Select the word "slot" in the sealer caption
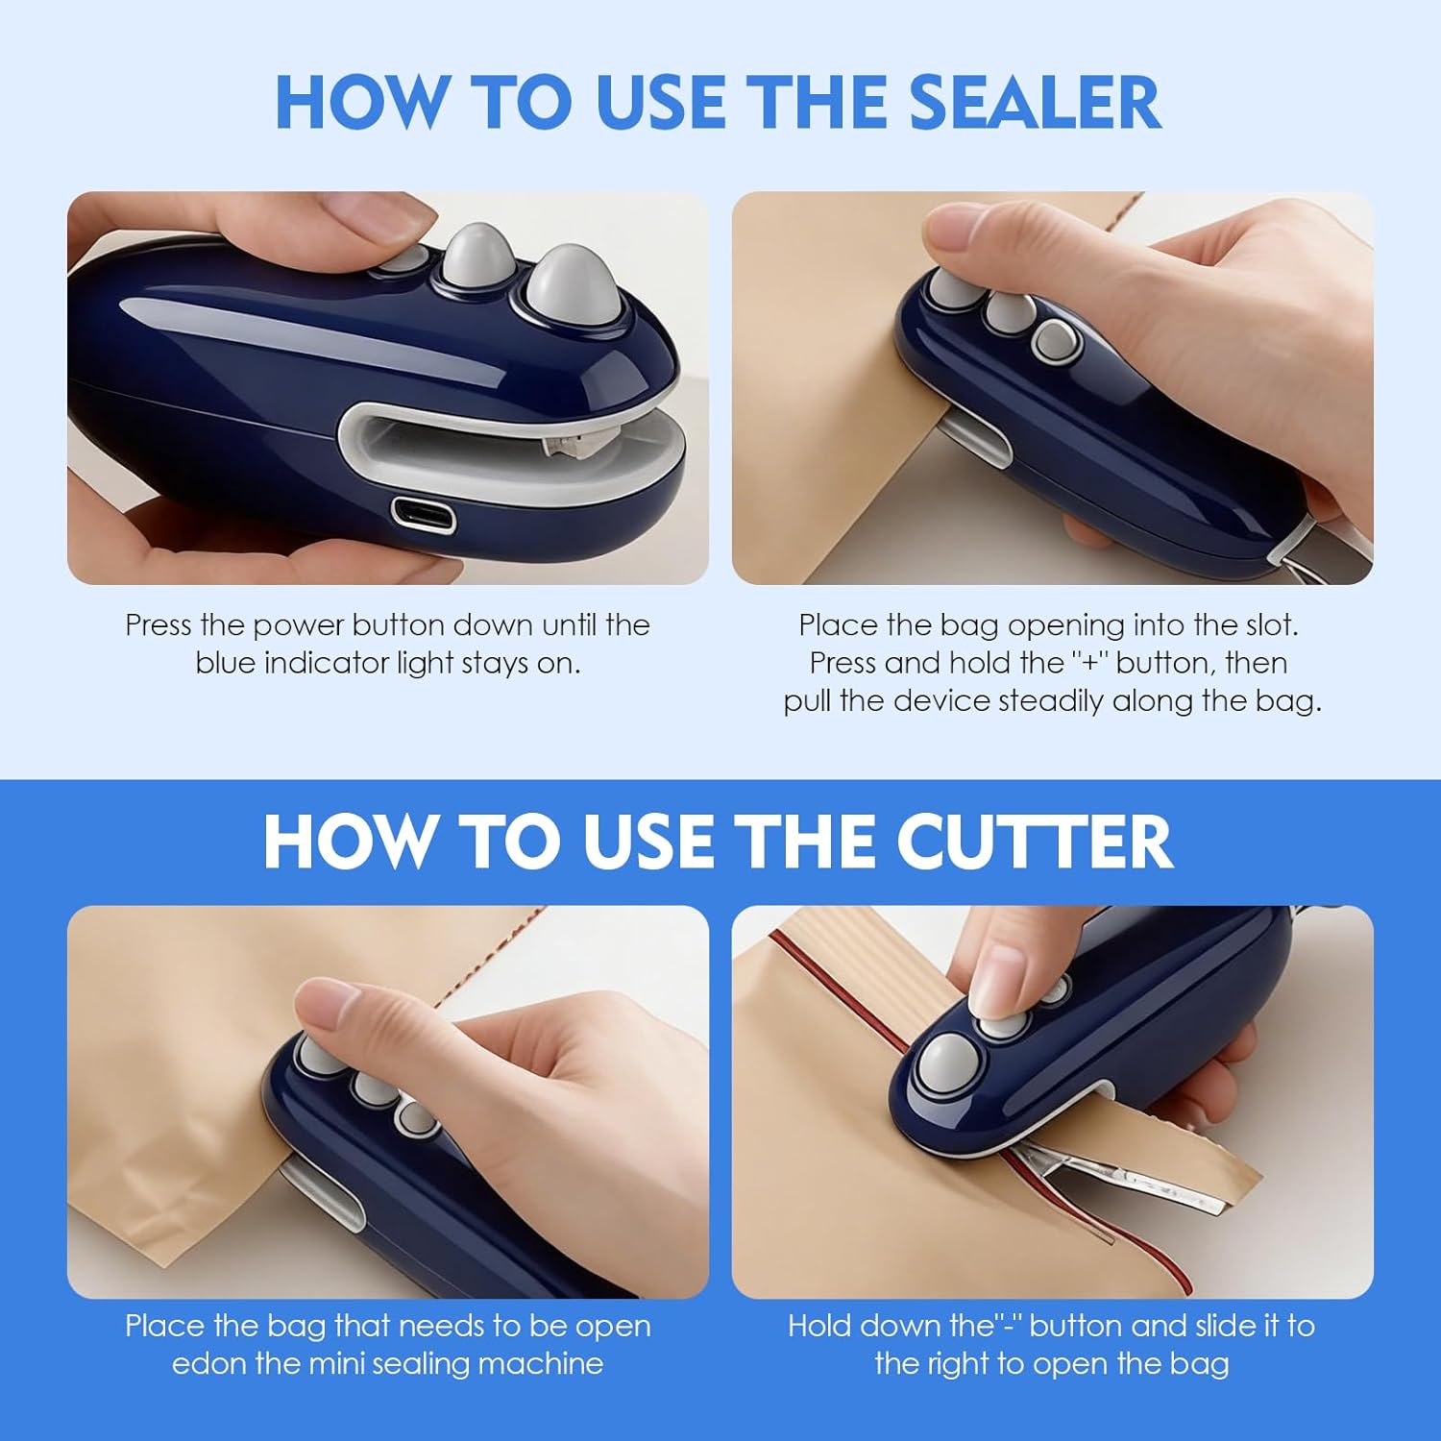(x=1270, y=626)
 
